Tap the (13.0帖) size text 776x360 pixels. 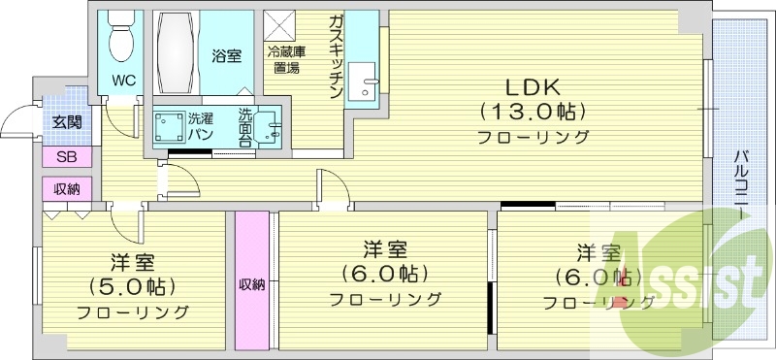click(x=533, y=111)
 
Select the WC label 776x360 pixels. click(x=122, y=80)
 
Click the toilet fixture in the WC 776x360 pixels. click(x=121, y=36)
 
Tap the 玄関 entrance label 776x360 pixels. click(x=67, y=121)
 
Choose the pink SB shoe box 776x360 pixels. click(x=67, y=158)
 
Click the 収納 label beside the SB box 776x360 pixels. click(x=67, y=188)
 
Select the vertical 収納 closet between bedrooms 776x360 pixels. click(x=251, y=281)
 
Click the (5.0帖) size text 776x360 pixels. click(x=132, y=287)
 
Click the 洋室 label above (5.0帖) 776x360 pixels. click(x=132, y=263)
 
